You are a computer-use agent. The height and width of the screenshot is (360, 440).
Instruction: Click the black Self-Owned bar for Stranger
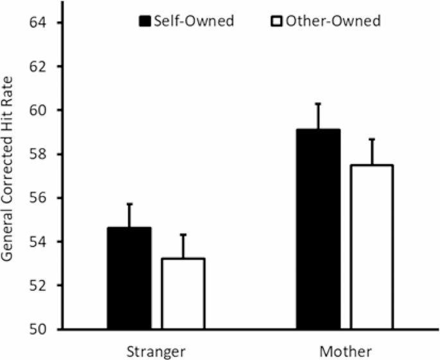tap(129, 278)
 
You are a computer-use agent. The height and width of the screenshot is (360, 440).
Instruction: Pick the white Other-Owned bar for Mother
tap(371, 247)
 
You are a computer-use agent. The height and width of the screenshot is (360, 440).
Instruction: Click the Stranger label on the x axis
tap(156, 352)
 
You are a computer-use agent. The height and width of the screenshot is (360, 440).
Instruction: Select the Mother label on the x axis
tap(346, 352)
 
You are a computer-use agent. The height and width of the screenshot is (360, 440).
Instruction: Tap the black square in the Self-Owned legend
tap(145, 21)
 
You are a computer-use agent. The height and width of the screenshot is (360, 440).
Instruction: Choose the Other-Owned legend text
tap(332, 21)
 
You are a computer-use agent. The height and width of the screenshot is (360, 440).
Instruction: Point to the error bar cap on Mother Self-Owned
tap(319, 104)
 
